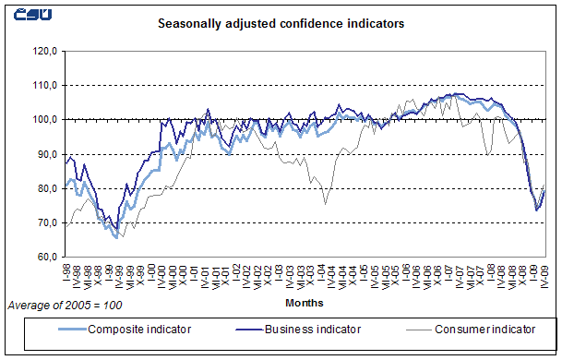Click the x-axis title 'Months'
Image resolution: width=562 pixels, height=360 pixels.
pyautogui.click(x=305, y=301)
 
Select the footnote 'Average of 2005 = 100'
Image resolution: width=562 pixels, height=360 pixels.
pyautogui.click(x=65, y=304)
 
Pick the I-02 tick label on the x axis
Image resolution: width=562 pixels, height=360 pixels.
pyautogui.click(x=235, y=274)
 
